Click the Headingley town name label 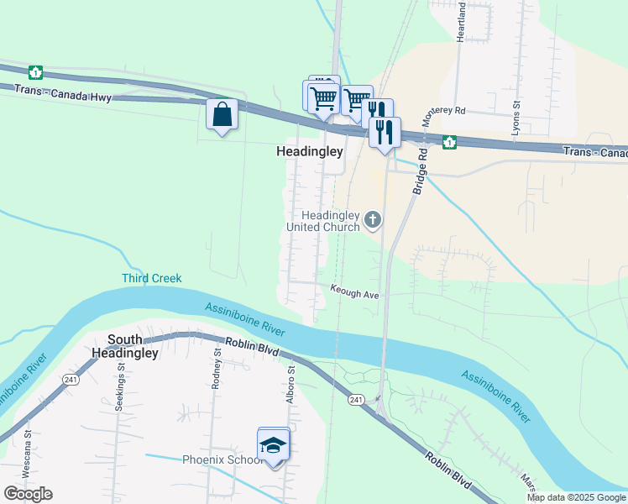point(310,152)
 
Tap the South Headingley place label point(133,347)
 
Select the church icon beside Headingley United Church point(373,220)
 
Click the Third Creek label point(151,278)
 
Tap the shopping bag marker point(222,113)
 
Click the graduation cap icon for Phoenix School point(274,444)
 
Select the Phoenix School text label point(222,459)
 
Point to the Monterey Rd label point(444,111)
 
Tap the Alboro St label point(290,383)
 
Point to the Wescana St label point(27,454)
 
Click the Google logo point(28,493)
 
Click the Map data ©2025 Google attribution point(576,497)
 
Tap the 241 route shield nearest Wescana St point(67,381)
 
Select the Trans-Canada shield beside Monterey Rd point(449,142)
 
